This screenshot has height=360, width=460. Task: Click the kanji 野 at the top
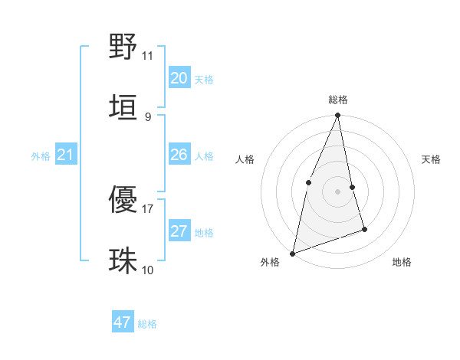(123, 47)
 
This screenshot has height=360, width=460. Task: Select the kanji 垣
(123, 106)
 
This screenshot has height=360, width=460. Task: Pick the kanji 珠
(123, 260)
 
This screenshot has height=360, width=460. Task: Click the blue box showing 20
(179, 78)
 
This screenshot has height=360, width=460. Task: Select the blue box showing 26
(179, 155)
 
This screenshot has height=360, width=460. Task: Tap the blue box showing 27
(179, 231)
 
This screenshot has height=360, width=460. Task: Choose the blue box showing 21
(65, 155)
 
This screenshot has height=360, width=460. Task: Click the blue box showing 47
(123, 322)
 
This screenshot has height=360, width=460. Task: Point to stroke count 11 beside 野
(148, 56)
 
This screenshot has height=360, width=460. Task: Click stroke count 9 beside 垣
(148, 116)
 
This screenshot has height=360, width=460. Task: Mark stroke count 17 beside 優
(148, 208)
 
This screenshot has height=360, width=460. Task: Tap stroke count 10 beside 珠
(148, 270)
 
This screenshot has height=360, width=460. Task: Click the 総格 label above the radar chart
(338, 100)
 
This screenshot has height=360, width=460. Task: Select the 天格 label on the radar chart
(431, 159)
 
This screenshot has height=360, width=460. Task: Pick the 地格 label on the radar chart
(402, 262)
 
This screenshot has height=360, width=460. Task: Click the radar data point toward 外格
(292, 253)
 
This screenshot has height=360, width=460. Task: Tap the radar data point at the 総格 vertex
(338, 115)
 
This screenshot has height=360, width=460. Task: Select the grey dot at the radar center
(338, 191)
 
